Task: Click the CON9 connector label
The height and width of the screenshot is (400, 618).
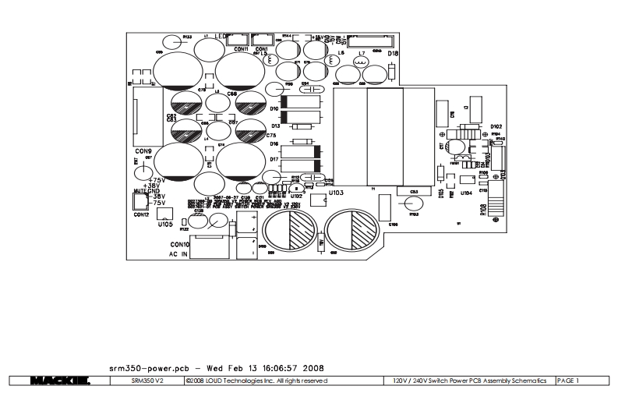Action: click(143, 150)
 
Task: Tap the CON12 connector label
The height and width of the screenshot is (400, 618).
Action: click(141, 214)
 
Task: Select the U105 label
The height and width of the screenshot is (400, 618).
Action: click(164, 224)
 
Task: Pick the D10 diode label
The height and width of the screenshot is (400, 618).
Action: click(274, 109)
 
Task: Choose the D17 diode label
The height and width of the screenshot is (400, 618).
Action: click(274, 159)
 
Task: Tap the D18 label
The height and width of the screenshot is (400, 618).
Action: click(392, 53)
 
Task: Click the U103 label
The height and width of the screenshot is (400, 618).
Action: click(336, 191)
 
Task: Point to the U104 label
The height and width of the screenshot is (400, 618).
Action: click(466, 192)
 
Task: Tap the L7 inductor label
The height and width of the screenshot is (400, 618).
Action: click(361, 53)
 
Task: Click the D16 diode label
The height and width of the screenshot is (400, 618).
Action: click(274, 144)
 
